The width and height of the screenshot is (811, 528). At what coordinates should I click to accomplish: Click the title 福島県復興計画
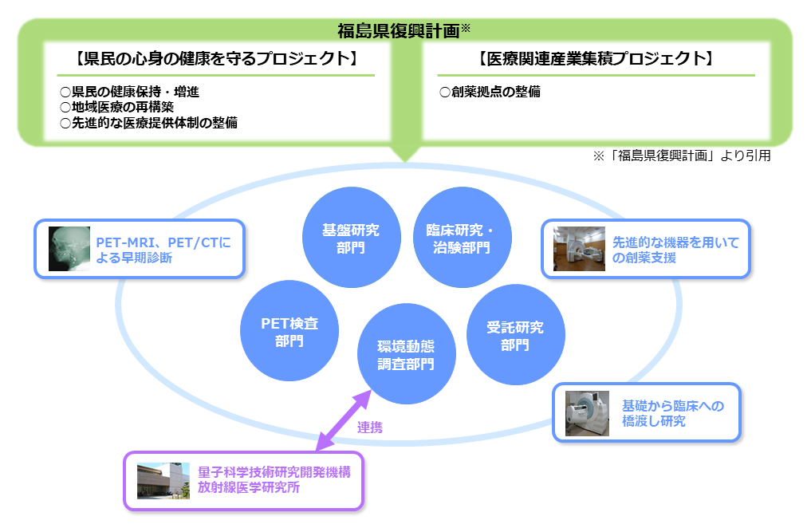pos(398,31)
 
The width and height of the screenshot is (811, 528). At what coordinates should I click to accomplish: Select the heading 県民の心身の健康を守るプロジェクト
pos(216,58)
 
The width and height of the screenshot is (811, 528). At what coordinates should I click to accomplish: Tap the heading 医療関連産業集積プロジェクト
pos(596,58)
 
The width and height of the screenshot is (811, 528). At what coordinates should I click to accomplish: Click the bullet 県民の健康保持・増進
pos(129,92)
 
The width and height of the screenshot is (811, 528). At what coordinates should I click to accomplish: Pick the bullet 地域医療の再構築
pos(117,107)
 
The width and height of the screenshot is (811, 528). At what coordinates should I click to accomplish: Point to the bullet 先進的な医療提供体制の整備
pos(148,123)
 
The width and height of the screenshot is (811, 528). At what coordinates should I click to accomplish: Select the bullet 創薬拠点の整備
pos(490,92)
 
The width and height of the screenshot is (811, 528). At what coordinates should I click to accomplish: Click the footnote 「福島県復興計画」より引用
pos(682,156)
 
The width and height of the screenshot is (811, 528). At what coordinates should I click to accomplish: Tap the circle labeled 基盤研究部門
pos(351,238)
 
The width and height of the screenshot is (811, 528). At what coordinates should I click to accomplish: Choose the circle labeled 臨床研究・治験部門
pos(462,238)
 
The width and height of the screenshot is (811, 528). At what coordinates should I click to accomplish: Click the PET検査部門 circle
pos(289,331)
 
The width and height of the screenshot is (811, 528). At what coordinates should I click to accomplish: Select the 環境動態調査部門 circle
pos(406,353)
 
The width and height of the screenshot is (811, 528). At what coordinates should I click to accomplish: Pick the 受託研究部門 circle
pos(516,335)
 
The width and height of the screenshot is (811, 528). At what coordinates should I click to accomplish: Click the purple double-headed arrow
pos(344,420)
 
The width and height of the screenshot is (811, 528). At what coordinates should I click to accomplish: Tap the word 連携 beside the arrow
pos(370,428)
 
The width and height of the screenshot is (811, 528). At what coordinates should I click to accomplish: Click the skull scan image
pos(69,249)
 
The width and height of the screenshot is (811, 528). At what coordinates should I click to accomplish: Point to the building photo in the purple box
pos(163,481)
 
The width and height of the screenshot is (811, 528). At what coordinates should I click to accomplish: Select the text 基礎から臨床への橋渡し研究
pos(673,413)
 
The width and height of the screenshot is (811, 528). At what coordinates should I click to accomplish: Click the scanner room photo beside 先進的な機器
pos(579,249)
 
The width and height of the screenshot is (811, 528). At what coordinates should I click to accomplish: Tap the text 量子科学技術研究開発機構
pos(274,472)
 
